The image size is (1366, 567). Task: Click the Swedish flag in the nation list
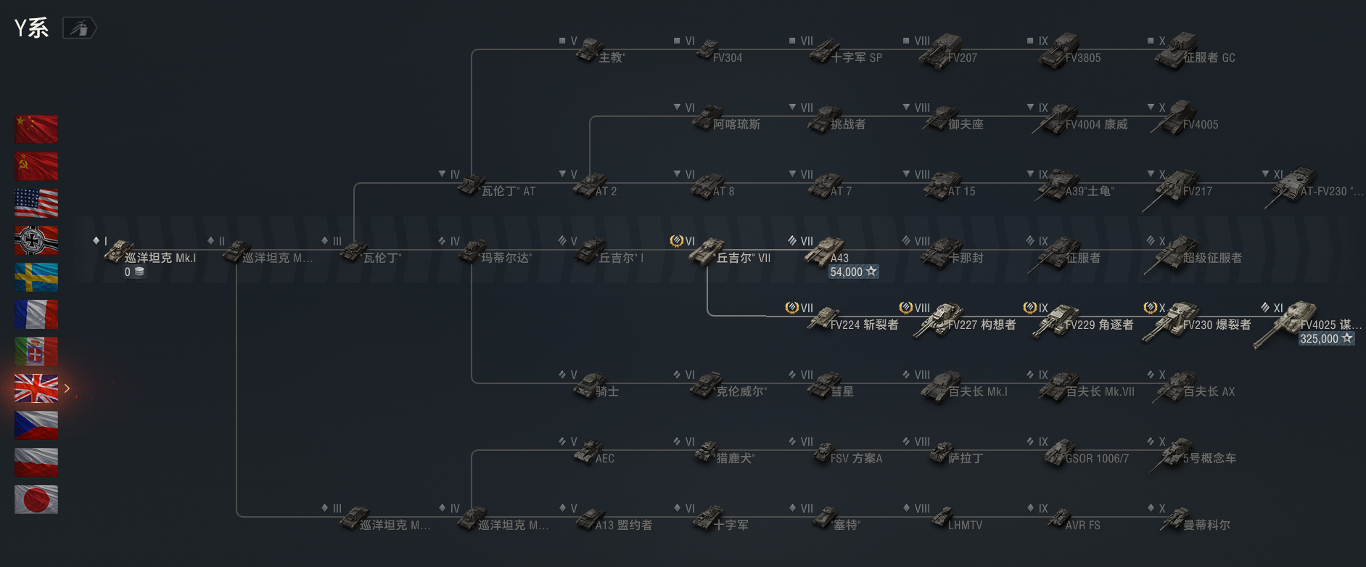click(36, 277)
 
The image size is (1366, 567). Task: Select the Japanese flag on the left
click(36, 499)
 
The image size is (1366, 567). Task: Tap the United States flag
click(36, 203)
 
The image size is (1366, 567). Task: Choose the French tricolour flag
click(36, 314)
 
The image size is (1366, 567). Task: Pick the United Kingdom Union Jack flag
click(36, 388)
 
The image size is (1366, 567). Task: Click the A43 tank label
click(839, 258)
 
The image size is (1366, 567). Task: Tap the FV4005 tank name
click(1201, 125)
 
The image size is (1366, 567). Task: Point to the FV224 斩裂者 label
click(864, 325)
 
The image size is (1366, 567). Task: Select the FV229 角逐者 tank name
click(1099, 325)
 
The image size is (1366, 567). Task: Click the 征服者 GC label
click(1209, 58)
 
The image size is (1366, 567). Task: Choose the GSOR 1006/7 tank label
click(1097, 458)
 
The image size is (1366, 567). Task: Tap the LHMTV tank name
click(965, 525)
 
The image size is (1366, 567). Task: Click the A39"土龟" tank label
click(1090, 192)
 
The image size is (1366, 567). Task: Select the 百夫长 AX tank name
click(1209, 391)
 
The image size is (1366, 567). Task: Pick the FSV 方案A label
click(856, 458)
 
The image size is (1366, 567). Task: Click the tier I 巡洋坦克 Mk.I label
click(160, 258)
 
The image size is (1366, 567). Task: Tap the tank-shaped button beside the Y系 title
click(80, 28)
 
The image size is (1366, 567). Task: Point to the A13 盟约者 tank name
click(623, 525)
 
